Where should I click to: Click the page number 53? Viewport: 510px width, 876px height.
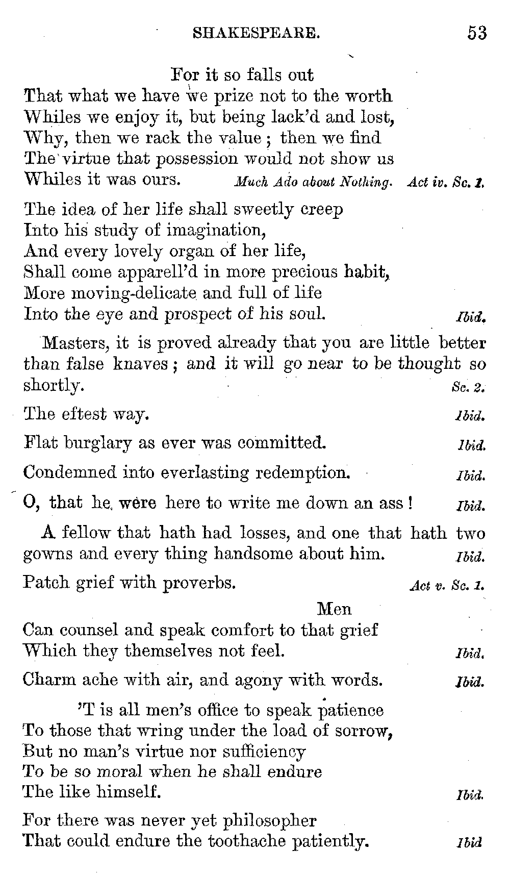click(x=477, y=33)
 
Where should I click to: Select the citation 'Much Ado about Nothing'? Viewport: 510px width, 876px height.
click(x=313, y=182)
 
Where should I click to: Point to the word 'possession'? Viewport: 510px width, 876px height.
click(x=197, y=159)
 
